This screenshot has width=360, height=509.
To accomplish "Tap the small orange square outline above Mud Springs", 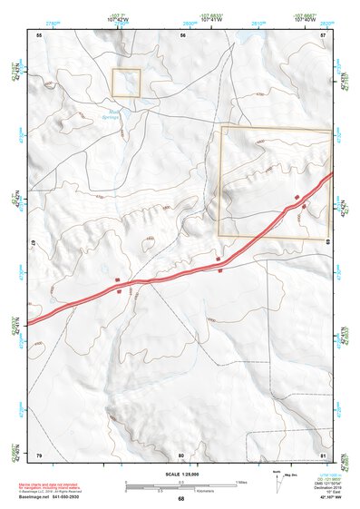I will click(x=126, y=83).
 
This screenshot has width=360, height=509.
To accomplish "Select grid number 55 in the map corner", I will click(x=39, y=34).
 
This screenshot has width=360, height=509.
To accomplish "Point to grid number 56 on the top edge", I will click(x=182, y=34).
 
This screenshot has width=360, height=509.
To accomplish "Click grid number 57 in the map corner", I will click(x=324, y=34).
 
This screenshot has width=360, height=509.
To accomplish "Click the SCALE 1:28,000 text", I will click(x=181, y=475).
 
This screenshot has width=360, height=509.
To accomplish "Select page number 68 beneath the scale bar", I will click(x=180, y=499).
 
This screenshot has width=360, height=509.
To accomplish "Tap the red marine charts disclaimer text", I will click(x=65, y=485).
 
